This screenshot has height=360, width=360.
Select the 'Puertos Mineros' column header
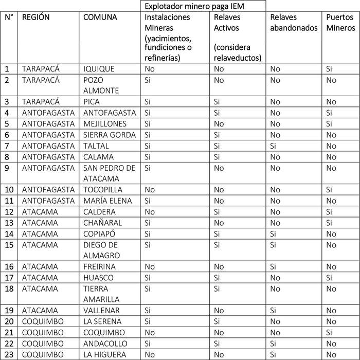(x=341, y=23)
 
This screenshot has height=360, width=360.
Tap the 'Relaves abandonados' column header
(x=294, y=23)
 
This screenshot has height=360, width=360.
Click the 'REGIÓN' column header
(x=36, y=17)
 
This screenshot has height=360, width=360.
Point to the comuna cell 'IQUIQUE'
(x=99, y=69)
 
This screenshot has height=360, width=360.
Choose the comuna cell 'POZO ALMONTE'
(x=101, y=85)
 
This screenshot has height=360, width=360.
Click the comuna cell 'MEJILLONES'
(x=105, y=124)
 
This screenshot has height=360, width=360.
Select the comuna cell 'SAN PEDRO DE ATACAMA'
(x=109, y=173)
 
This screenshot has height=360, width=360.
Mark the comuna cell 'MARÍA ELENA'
(x=107, y=201)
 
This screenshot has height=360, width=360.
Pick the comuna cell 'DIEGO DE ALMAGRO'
(x=101, y=250)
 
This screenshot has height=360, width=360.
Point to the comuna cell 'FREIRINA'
(x=100, y=267)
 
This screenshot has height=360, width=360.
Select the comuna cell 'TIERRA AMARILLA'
(x=101, y=294)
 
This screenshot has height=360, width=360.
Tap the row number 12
(x=9, y=212)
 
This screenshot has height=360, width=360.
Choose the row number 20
(x=9, y=321)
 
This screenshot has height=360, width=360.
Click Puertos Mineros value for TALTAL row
(x=331, y=146)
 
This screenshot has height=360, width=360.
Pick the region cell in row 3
(x=41, y=102)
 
